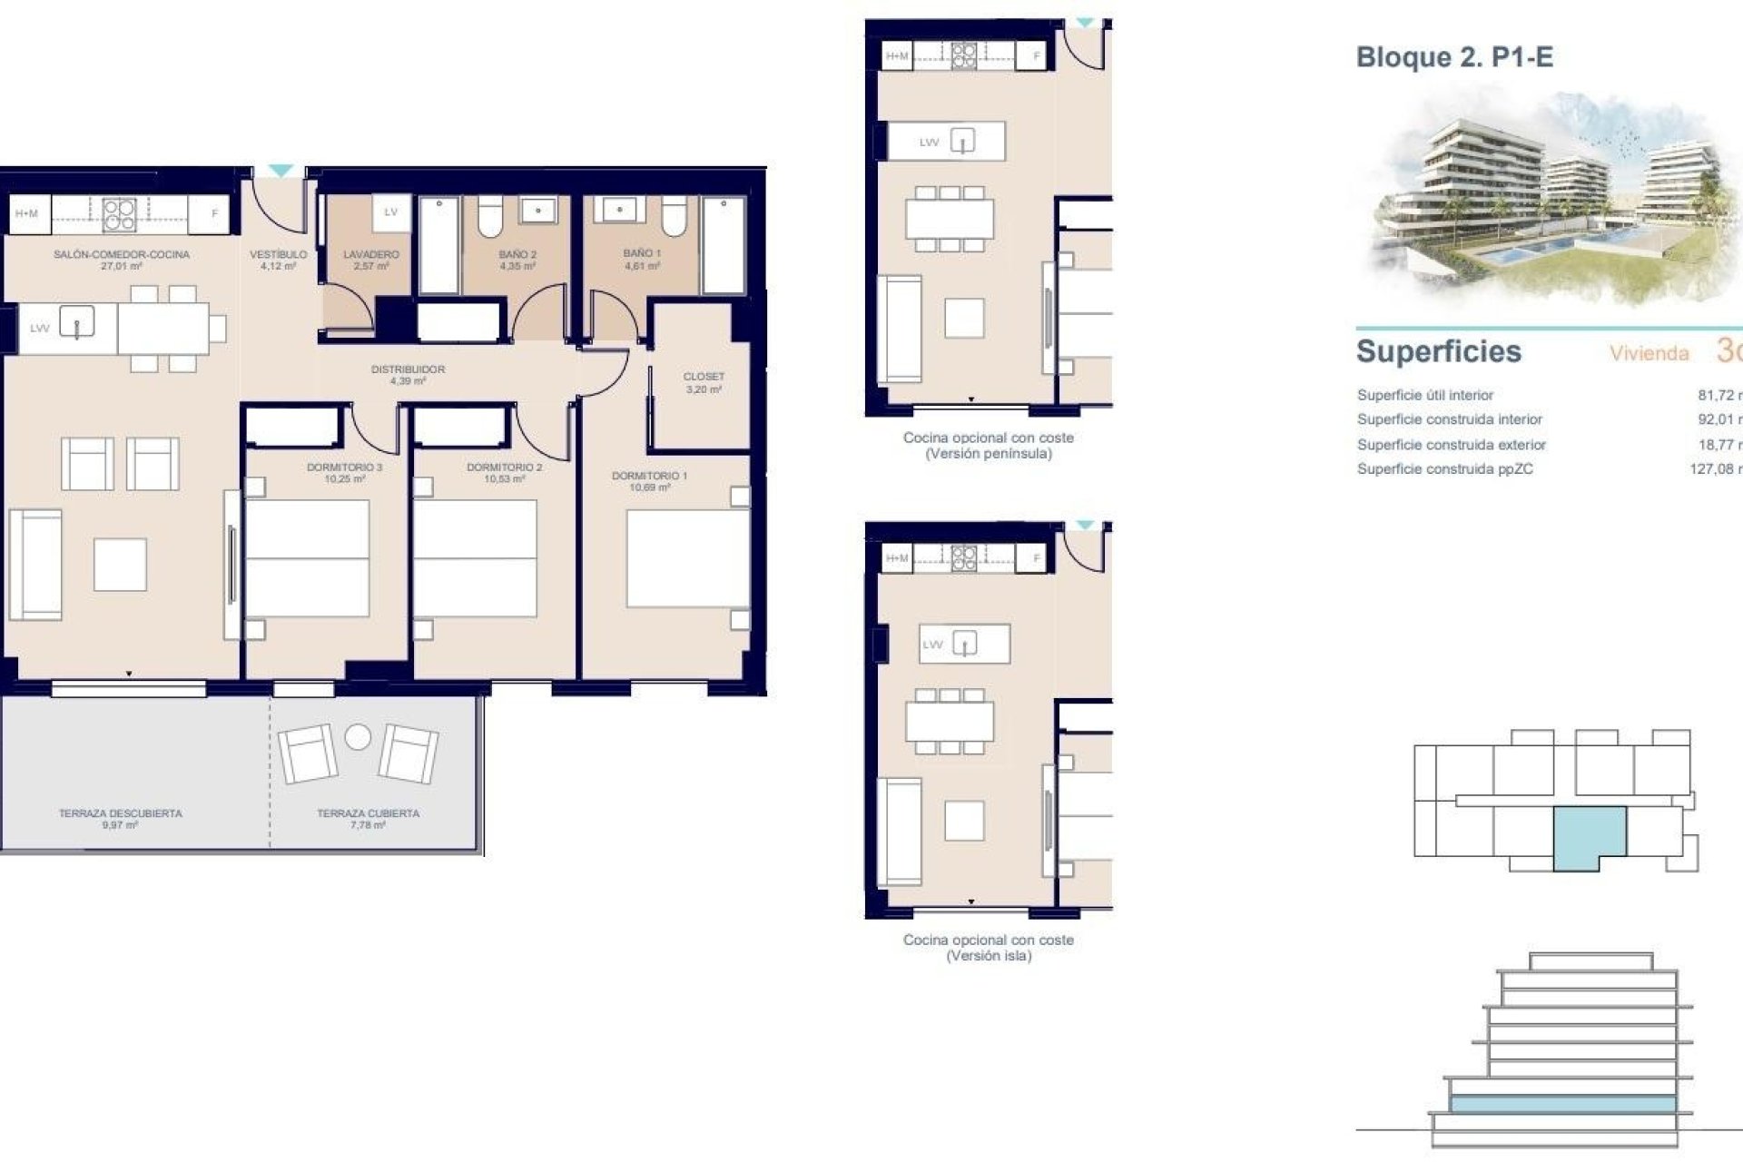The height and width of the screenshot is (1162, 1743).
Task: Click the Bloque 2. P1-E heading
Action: [1454, 57]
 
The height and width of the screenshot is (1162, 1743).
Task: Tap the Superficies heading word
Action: [1438, 351]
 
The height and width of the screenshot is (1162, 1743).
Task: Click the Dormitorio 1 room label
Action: [649, 477]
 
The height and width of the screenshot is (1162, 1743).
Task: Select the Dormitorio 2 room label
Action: [504, 468]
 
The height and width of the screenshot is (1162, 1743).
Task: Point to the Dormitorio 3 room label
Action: [344, 468]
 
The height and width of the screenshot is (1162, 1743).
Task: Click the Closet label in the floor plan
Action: [704, 377]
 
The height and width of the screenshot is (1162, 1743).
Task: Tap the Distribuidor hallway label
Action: [408, 370]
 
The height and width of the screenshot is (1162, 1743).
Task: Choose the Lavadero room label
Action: [370, 255]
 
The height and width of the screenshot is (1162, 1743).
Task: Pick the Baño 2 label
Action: [517, 255]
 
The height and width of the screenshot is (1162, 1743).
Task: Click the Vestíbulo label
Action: [278, 255]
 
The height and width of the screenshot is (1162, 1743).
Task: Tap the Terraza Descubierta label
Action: [121, 814]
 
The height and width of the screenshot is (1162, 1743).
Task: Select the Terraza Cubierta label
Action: [368, 814]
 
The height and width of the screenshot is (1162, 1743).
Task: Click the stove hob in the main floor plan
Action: [119, 214]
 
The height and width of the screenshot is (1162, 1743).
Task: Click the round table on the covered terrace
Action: [358, 737]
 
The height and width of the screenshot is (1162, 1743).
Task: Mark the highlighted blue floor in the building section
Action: [1561, 1104]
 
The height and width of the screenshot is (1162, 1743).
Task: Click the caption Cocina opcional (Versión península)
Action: [988, 446]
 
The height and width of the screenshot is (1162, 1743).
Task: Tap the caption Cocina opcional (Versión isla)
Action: [988, 948]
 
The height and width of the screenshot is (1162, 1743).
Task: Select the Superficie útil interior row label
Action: [1424, 395]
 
